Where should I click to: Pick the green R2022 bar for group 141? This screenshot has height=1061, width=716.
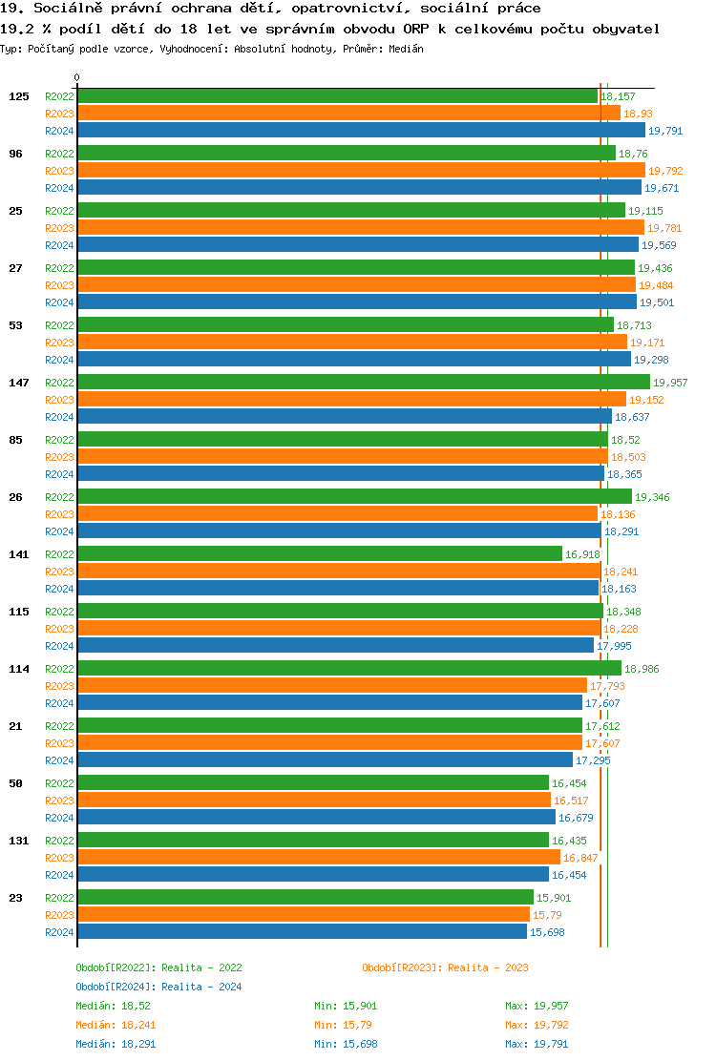[x=319, y=554]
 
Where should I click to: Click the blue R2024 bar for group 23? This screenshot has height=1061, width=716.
[x=302, y=932]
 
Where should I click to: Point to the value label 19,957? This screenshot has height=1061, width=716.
[x=669, y=383]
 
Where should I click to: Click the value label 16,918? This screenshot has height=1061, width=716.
[x=582, y=554]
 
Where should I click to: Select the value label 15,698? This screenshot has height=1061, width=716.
[x=547, y=932]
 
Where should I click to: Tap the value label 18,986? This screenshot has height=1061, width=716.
[x=642, y=669]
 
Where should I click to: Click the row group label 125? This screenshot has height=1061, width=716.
[x=19, y=96]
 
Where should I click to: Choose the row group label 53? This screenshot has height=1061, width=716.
[x=16, y=325]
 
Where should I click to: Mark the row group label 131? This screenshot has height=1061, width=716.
[x=19, y=841]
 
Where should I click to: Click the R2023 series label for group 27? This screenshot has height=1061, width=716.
[x=59, y=285]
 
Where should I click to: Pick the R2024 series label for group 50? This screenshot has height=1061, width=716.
[x=59, y=818]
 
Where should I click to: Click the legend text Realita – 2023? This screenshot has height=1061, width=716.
[x=489, y=967]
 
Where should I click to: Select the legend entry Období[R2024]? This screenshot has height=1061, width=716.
[x=116, y=987]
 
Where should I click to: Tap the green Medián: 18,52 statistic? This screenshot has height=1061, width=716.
[x=113, y=1006]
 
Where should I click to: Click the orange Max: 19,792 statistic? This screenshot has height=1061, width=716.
[x=537, y=1025]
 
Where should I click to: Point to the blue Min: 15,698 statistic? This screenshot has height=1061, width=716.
[x=346, y=1044]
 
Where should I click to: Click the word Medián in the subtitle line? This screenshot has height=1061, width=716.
[x=407, y=49]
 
